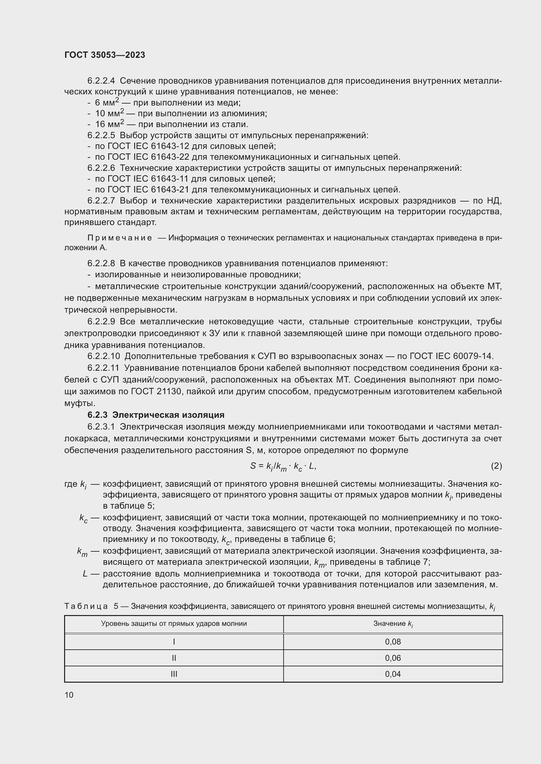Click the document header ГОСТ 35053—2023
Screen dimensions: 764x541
105,55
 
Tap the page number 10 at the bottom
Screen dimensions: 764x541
69,695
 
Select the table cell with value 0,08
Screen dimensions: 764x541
393,642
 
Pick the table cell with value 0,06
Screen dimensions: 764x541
393,658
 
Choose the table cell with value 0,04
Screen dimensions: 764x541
393,674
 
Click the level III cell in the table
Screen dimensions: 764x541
174,674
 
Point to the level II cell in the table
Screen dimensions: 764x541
174,658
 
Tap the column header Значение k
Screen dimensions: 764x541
393,624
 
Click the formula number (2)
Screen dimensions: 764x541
496,466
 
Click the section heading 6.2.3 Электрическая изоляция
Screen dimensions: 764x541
156,415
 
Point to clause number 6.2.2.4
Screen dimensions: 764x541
101,81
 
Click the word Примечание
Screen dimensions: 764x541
120,238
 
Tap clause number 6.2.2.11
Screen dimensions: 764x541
103,368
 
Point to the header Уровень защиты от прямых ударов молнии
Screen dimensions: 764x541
174,624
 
